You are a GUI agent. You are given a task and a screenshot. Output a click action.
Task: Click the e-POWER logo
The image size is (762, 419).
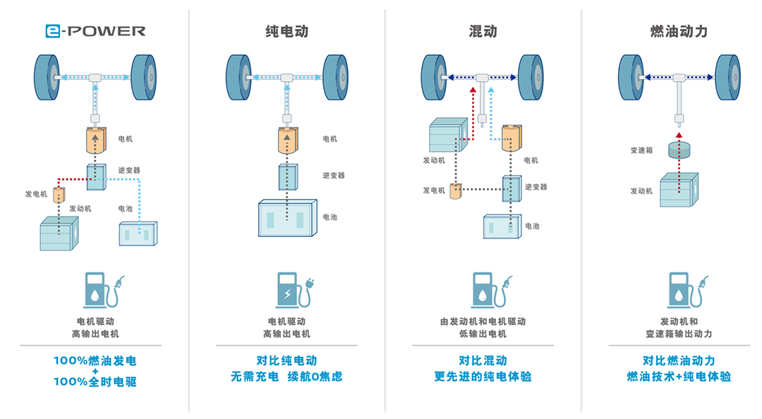point(95,31)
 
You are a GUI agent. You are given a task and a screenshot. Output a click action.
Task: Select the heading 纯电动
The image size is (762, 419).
point(286,32)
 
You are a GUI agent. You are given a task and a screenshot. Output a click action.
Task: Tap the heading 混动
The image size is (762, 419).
point(483,32)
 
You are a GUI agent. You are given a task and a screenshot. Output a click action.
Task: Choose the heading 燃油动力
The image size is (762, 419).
point(679,32)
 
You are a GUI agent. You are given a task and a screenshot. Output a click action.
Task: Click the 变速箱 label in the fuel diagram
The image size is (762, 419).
point(641,150)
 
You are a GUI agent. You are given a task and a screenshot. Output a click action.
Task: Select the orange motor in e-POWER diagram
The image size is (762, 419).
point(94,140)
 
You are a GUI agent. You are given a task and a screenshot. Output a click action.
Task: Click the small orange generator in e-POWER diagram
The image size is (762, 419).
point(60,194)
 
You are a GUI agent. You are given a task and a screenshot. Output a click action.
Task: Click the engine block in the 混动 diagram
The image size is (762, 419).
point(448,135)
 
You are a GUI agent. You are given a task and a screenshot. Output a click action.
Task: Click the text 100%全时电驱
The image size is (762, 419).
point(95,382)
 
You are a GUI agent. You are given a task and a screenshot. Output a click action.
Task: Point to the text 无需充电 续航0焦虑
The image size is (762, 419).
point(286,376)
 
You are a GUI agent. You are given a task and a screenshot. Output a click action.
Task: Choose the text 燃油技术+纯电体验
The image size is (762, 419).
point(679,376)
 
